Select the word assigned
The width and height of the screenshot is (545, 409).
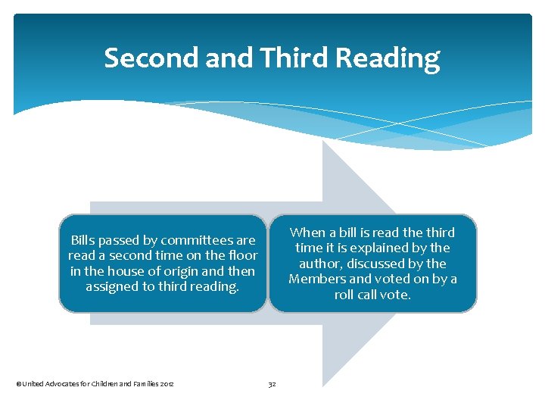click(114, 286)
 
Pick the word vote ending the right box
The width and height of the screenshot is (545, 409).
click(394, 295)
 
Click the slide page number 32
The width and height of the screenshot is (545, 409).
click(272, 384)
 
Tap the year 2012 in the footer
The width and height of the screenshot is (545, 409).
click(167, 384)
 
